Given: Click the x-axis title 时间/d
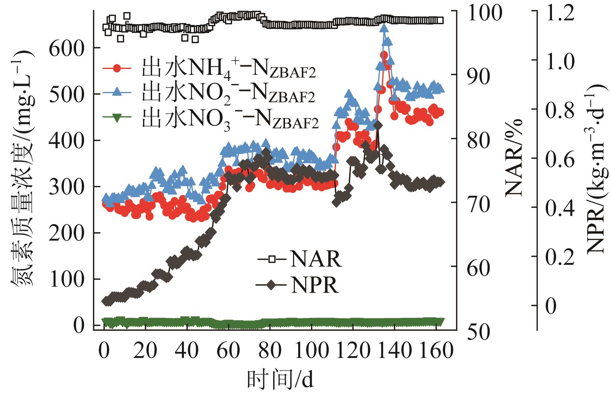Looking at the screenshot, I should click(x=281, y=381).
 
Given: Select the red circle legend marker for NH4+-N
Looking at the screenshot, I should click(x=117, y=68).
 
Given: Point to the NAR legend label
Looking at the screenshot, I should click(x=316, y=259).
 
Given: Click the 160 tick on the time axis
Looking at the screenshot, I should click(x=435, y=351).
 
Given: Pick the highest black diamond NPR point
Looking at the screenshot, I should click(x=378, y=126).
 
